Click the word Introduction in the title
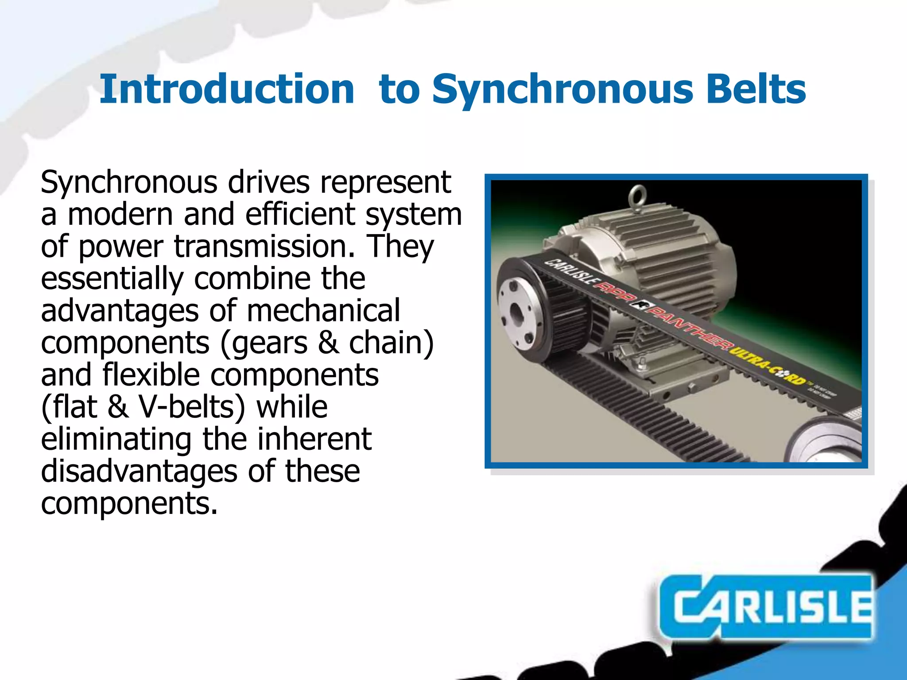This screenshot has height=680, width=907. [x=227, y=89]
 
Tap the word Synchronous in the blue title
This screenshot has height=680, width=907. [x=562, y=89]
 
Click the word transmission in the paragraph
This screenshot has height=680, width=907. [x=264, y=247]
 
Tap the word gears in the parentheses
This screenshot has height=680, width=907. [x=270, y=343]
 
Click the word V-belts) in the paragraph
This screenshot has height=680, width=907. [x=192, y=407]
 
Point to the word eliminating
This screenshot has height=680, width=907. [x=116, y=439]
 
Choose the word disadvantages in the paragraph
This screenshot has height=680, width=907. [x=139, y=471]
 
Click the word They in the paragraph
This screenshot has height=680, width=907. [x=401, y=247]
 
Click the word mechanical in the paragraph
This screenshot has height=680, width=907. [x=323, y=311]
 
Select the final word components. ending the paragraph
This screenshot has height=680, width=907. [x=129, y=503]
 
